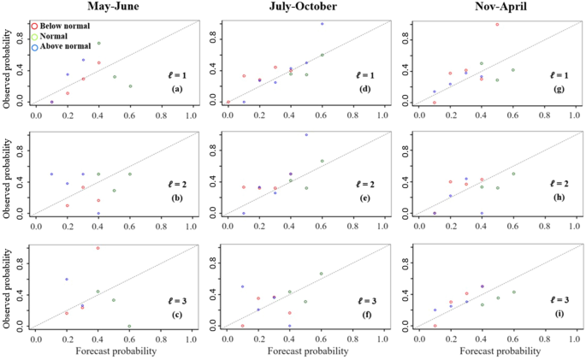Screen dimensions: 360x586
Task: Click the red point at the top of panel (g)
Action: click(497, 25)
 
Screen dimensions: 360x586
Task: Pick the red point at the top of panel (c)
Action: click(98, 248)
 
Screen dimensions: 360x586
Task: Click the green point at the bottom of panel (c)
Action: click(129, 327)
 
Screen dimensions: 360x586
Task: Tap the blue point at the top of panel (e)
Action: click(306, 135)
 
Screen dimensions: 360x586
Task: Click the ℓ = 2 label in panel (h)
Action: click(559, 185)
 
